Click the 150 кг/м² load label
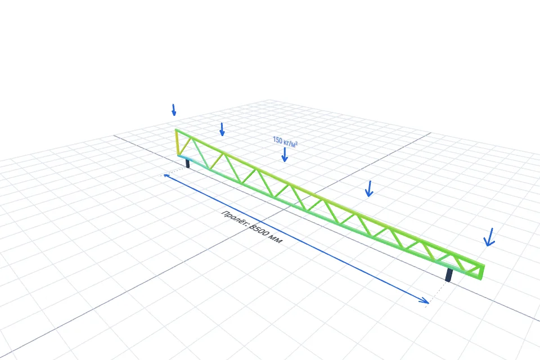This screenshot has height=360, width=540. pos(285,142)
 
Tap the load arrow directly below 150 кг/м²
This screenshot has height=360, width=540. pos(285,155)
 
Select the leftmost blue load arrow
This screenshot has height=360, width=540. pos(174,110)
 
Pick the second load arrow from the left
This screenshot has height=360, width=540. pos(222,129)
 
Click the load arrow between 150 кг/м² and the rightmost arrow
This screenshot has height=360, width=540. pos(369,189)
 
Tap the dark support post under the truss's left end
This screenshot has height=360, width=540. pos(187,163)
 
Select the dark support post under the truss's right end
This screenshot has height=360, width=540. pos(449,275)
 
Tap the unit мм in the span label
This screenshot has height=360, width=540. pos(276,238)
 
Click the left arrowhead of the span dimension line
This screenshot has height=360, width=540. pos(166,176)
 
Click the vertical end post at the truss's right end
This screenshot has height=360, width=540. pos(483,272)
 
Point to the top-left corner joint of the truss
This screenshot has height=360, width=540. pos(176,130)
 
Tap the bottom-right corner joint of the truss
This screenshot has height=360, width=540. pos(481,278)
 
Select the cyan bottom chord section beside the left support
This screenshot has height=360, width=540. pos(193,161)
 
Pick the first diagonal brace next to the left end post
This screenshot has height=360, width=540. pos(185,146)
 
